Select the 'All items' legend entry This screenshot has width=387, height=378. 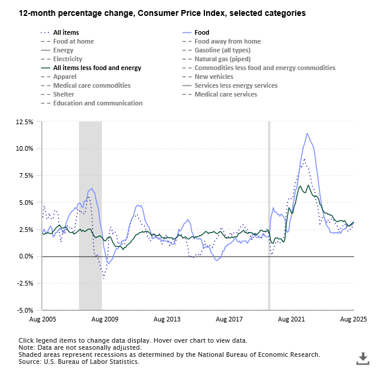click(x=66, y=33)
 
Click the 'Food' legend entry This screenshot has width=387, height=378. click(x=202, y=33)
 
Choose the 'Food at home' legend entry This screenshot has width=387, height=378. click(x=73, y=42)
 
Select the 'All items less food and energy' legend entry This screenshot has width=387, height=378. click(x=97, y=68)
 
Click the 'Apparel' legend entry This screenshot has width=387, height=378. click(x=65, y=77)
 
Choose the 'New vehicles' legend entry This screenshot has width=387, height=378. click(x=214, y=77)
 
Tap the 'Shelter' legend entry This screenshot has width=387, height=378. click(x=64, y=95)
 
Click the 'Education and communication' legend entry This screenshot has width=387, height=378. click(x=97, y=104)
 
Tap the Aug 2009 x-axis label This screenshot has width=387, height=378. click(x=105, y=319)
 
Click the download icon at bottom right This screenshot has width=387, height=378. click(x=363, y=358)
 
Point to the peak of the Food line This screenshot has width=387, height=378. click(x=307, y=134)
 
